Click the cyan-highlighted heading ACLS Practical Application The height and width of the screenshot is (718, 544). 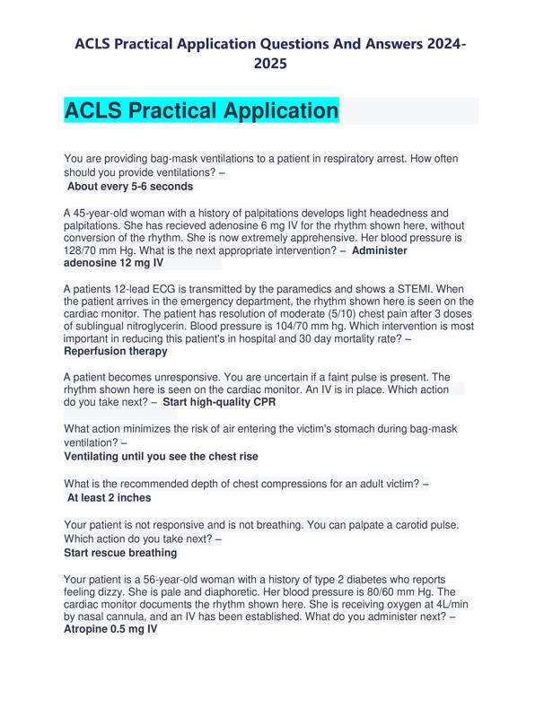[202, 111]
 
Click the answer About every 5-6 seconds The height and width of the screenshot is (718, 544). [130, 187]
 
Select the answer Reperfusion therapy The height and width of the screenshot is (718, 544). [116, 351]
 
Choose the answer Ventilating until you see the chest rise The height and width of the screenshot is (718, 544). [161, 456]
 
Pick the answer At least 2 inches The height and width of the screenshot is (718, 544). [110, 497]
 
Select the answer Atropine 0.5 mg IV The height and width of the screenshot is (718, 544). [110, 630]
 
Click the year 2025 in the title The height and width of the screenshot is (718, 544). [270, 64]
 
